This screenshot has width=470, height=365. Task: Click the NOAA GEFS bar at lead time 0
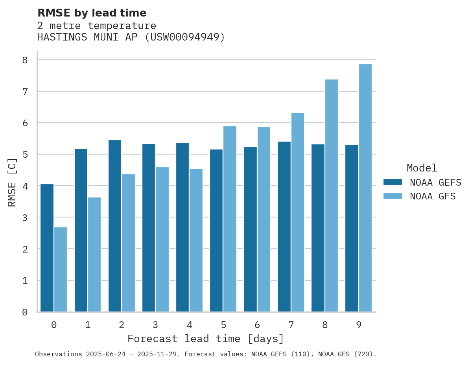(x=47, y=248)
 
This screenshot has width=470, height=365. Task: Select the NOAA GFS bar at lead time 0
(x=61, y=269)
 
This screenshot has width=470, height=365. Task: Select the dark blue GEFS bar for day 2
(x=115, y=226)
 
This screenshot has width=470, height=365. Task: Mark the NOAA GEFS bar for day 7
(x=284, y=227)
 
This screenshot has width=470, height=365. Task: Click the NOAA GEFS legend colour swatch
(x=393, y=182)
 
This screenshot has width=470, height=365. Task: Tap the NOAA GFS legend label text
(x=433, y=196)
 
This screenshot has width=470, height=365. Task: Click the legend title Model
(x=422, y=168)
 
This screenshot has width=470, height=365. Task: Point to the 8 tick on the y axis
(x=25, y=60)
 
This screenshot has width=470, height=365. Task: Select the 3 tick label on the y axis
(x=25, y=218)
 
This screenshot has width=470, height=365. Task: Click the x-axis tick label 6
(x=257, y=325)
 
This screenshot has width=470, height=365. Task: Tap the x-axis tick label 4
(x=190, y=325)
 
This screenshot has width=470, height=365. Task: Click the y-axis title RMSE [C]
(x=13, y=182)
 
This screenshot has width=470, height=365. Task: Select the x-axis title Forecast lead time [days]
(x=206, y=339)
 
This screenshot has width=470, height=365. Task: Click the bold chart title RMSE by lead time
(x=92, y=13)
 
